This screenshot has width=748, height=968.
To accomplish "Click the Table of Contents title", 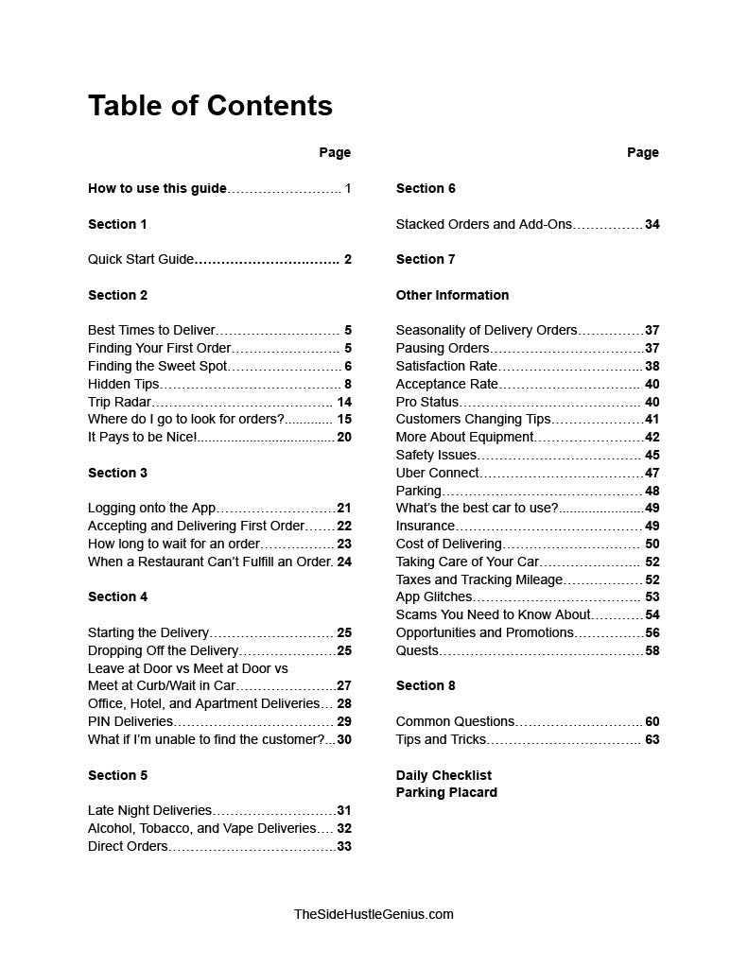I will pyautogui.click(x=210, y=105).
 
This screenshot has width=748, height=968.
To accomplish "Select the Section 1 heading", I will pyautogui.click(x=117, y=224).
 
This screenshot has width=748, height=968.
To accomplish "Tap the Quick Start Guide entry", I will pyautogui.click(x=141, y=259).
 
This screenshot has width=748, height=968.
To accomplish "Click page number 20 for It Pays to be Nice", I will pyautogui.click(x=343, y=437).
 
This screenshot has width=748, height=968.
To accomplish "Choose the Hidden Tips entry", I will pyautogui.click(x=123, y=384).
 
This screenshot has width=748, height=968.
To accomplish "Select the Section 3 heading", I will pyautogui.click(x=117, y=473).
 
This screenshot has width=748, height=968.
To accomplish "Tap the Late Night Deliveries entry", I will pyautogui.click(x=149, y=810).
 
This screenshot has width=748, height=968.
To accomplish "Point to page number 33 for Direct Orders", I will pyautogui.click(x=343, y=846).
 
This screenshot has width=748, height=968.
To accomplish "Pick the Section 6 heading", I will pyautogui.click(x=426, y=188).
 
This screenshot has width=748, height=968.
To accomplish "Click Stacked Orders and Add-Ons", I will pyautogui.click(x=483, y=224).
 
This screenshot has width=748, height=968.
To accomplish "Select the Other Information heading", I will pyautogui.click(x=452, y=295).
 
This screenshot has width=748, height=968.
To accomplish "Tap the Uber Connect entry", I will pyautogui.click(x=437, y=473).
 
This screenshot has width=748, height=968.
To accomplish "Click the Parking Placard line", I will pyautogui.click(x=446, y=792).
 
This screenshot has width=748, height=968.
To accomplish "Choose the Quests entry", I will pyautogui.click(x=417, y=650).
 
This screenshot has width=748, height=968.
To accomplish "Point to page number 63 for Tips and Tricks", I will pyautogui.click(x=652, y=739).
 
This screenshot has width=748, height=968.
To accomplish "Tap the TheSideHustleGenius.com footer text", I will pyautogui.click(x=374, y=914).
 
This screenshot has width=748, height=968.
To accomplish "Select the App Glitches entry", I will pyautogui.click(x=433, y=596).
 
